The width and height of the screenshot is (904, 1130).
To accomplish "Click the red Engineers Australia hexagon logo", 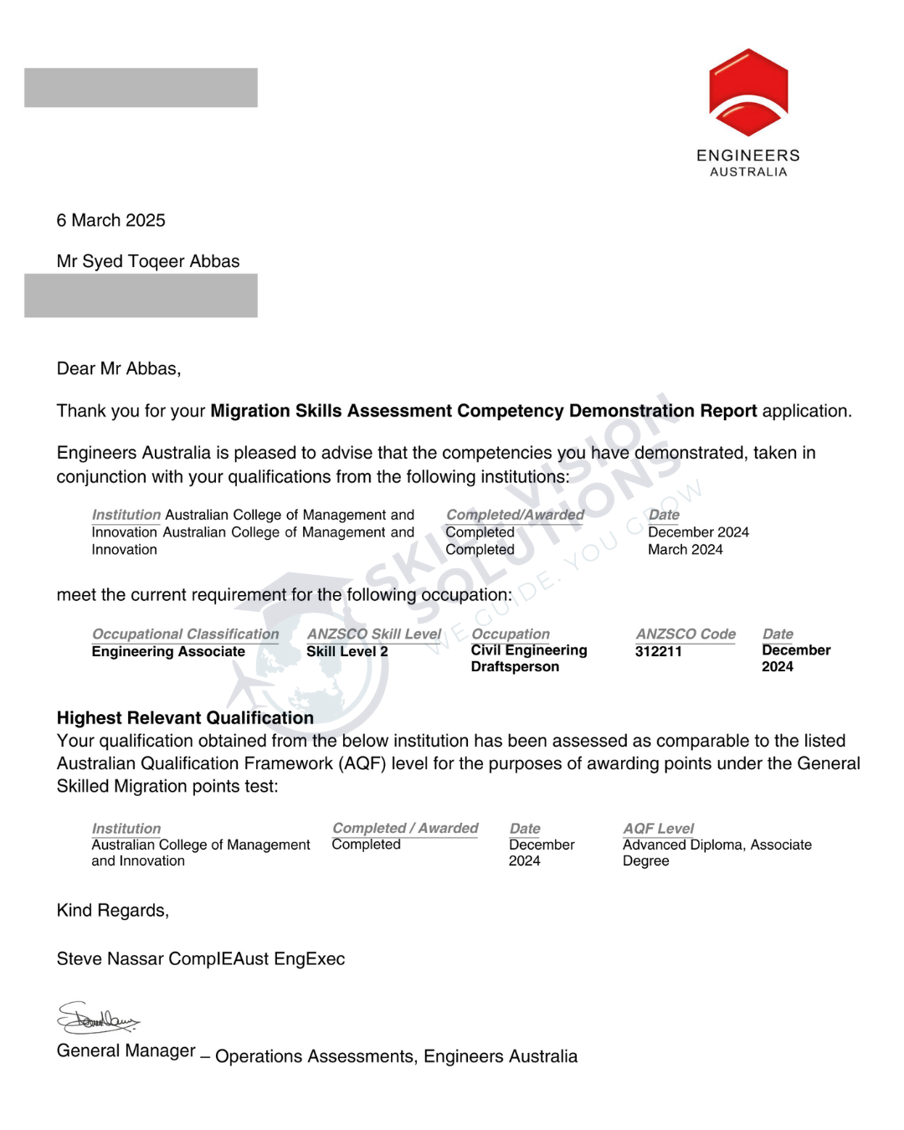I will pos(748,92).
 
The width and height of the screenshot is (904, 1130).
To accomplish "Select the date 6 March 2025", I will pos(111,220).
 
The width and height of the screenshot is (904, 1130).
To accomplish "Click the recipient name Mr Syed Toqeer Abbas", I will pos(148,261).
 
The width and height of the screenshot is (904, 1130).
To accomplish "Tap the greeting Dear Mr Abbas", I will pos(119,368).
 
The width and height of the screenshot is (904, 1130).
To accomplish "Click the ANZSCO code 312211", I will pos(659,651).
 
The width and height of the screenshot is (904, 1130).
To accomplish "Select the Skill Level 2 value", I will pos(347,651).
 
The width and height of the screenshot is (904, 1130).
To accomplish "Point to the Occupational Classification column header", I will pos(185,634).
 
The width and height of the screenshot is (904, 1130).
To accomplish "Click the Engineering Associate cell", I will pos(168,651).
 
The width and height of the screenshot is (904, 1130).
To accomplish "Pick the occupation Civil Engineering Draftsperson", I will pos(528,659).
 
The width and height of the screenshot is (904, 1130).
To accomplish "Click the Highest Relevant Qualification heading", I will pos(185,717).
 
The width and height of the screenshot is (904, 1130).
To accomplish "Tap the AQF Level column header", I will pos(659,828).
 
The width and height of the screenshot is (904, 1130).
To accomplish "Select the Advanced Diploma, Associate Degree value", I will pos(717,852).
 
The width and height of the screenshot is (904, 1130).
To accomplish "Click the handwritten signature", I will pos(97,1018).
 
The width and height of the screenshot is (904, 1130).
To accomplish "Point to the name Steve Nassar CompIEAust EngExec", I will pos(201,958).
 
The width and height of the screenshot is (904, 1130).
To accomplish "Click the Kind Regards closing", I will pos(113,910).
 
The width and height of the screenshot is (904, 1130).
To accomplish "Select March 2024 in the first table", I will pos(686,549).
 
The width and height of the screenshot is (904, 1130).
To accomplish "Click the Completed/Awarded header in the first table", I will pos(515,514).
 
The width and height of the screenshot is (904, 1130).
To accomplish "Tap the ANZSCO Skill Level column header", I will pos(373,634).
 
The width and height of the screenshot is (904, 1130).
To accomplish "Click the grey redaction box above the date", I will pos(141,88).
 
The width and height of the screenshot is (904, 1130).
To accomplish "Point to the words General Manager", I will pos(126,1050).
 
